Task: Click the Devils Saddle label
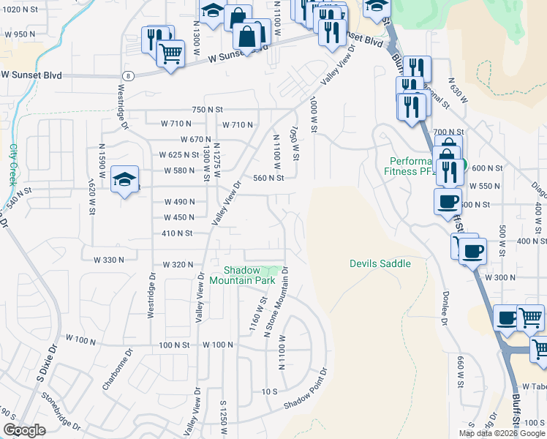tap(380, 263)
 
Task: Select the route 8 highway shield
tap(129, 75)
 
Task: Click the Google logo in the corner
tap(23, 430)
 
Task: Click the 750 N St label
tap(206, 109)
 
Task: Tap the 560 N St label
tap(268, 178)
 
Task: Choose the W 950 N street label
tap(20, 34)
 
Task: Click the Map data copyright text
tap(502, 433)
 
